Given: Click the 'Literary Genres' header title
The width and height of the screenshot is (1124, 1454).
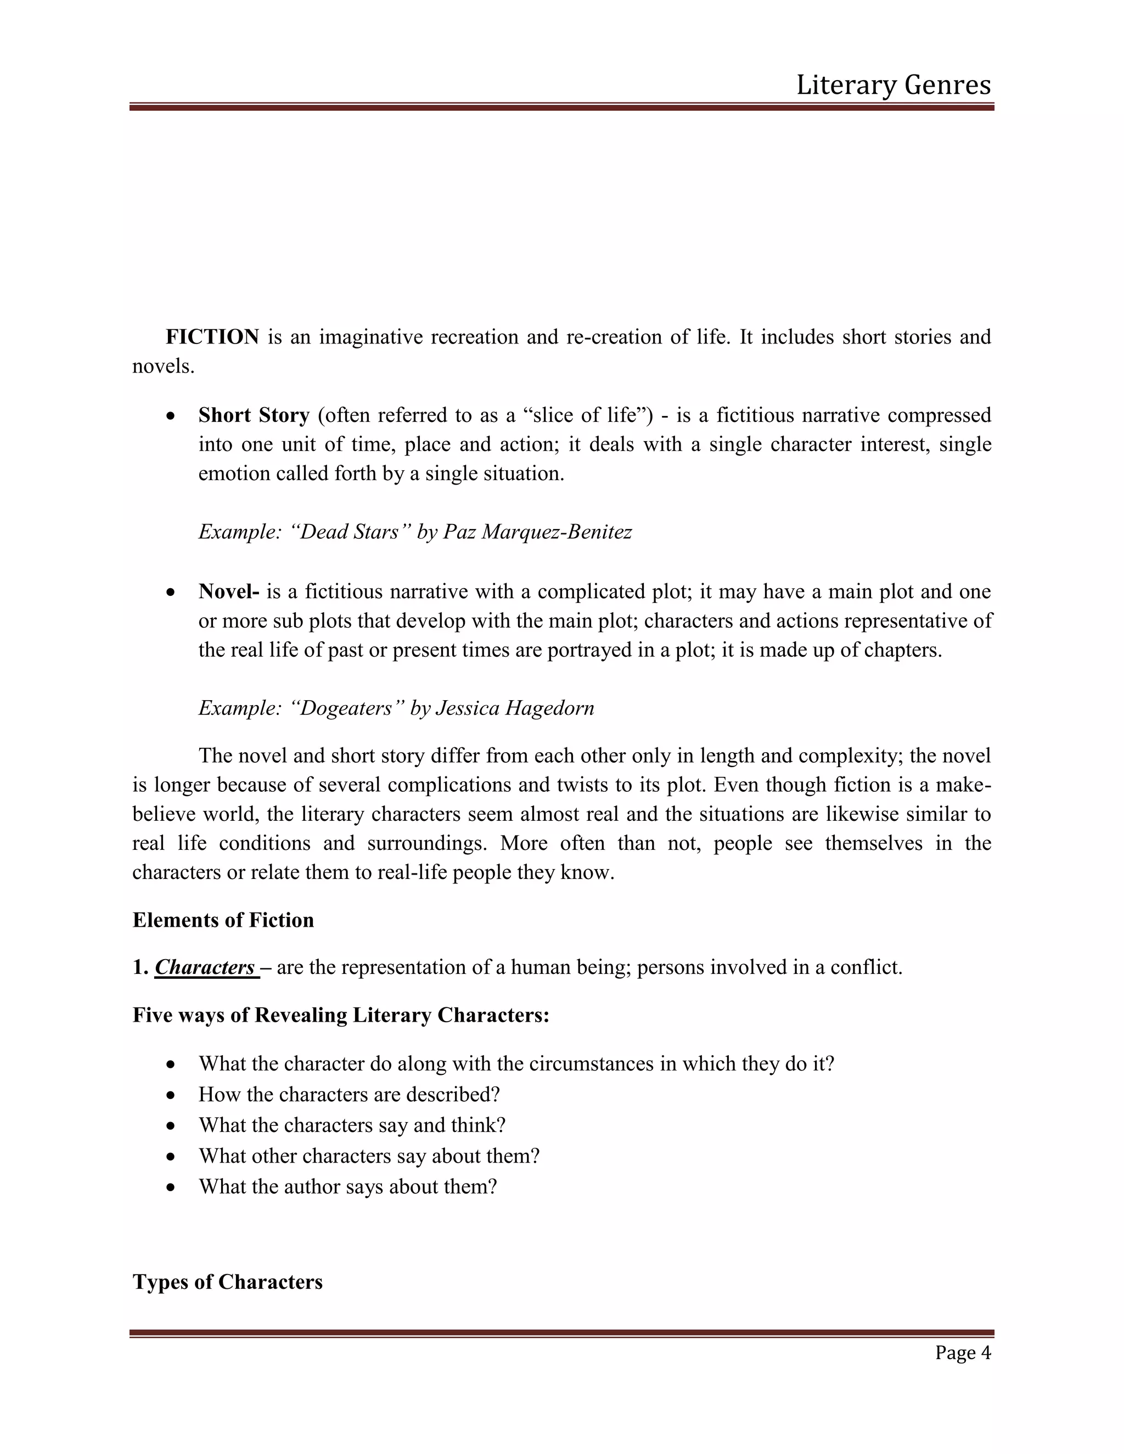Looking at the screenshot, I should pos(893,85).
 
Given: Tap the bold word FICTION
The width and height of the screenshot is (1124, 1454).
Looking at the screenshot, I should pos(212,337).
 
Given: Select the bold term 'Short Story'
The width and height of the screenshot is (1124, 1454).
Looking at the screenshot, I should pos(254,415).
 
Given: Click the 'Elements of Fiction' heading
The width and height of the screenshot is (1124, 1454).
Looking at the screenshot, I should pos(223,920).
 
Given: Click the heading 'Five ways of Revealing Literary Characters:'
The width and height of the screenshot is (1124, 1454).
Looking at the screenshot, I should pos(341,1015).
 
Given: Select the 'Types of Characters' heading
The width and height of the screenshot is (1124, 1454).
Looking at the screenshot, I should pos(228,1282).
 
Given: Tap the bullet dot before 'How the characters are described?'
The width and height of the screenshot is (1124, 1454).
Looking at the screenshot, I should pos(172,1095).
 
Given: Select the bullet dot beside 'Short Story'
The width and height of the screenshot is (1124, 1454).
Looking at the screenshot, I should pos(172,416).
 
